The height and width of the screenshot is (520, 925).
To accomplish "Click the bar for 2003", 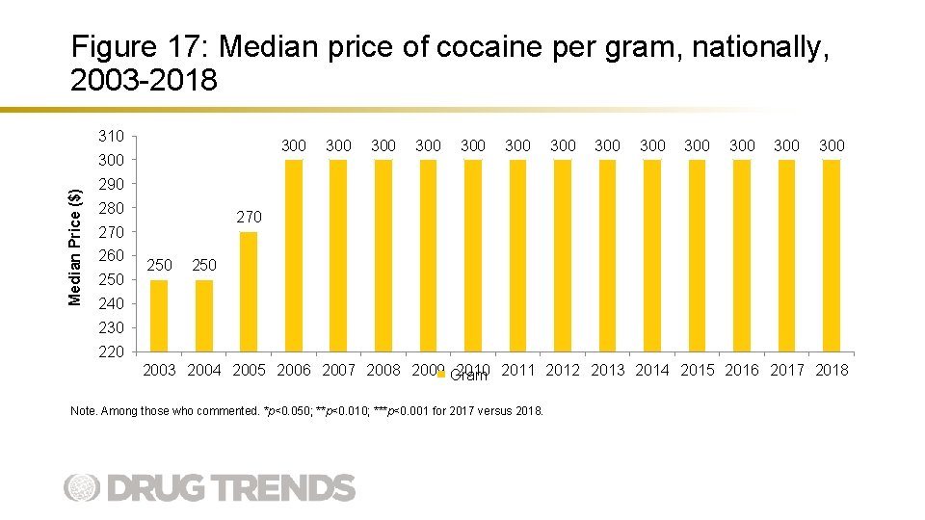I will click(x=159, y=315).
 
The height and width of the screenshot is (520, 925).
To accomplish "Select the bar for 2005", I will click(x=249, y=291).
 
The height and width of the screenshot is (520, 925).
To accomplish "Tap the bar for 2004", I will click(x=203, y=315).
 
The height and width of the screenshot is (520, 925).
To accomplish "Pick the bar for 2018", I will click(x=832, y=255).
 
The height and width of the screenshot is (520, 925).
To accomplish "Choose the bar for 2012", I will click(x=563, y=255).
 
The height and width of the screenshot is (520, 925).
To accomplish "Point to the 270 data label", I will click(x=249, y=218).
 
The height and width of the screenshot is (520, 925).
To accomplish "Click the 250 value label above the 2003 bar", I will click(x=159, y=265).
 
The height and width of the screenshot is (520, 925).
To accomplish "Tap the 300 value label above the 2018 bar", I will click(x=832, y=145).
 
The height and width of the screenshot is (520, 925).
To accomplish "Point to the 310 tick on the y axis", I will click(x=111, y=136).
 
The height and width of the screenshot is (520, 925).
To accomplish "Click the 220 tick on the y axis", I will click(x=111, y=351).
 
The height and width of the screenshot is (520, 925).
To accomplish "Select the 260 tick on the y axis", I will click(x=111, y=255).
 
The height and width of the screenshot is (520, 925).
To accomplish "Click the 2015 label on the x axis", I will click(x=697, y=370).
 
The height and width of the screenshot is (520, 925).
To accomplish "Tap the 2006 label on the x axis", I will click(x=293, y=370).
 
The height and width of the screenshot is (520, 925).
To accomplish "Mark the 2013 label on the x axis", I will click(x=607, y=370).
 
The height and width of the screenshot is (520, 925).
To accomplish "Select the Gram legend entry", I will click(x=466, y=376).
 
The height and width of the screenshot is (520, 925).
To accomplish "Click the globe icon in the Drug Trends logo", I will click(x=82, y=487).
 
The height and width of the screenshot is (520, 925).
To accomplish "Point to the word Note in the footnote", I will click(x=83, y=411).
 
